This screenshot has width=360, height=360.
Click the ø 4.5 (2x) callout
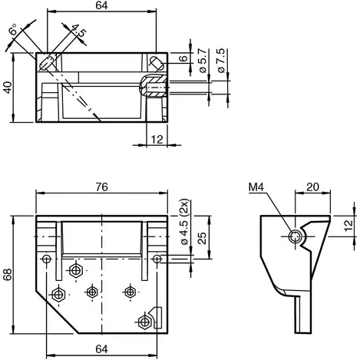coord(183,222)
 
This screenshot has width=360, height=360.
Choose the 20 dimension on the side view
coord(312,186)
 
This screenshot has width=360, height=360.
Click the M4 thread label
coord(256,187)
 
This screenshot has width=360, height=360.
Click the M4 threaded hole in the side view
coord(294,236)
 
